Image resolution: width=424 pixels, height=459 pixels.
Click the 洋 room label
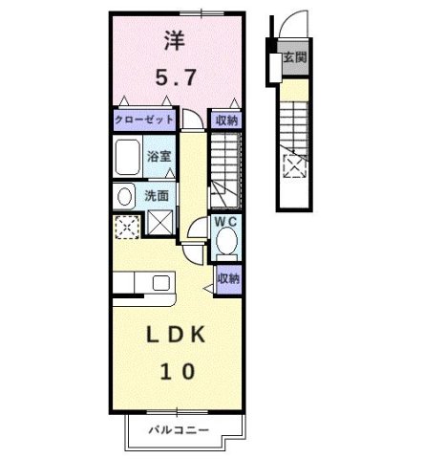pyautogui.click(x=173, y=42)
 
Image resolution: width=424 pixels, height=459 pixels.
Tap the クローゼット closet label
pyautogui.click(x=143, y=119)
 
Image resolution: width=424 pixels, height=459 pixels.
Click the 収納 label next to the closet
pyautogui.click(x=225, y=120)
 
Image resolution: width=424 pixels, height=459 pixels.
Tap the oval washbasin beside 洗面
pyautogui.click(x=124, y=196)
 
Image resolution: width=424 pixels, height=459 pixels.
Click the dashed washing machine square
pyautogui.click(x=125, y=227)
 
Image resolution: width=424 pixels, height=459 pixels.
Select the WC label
pyautogui.click(x=225, y=221)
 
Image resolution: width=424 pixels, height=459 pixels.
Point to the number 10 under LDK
pyautogui.click(x=173, y=371)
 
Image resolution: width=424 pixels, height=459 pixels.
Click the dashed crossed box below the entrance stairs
pyautogui.click(x=291, y=167)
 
